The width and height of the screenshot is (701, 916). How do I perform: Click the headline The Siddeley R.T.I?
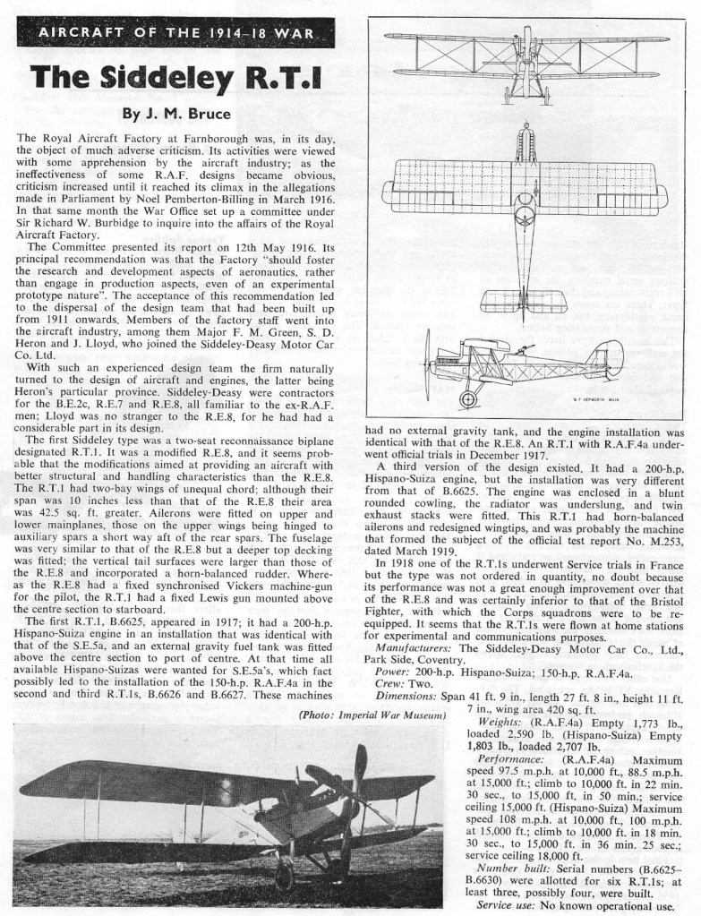click(171, 83)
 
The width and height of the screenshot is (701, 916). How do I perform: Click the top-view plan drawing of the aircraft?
click(526, 215)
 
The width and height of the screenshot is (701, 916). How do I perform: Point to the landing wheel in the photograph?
click(286, 872)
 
